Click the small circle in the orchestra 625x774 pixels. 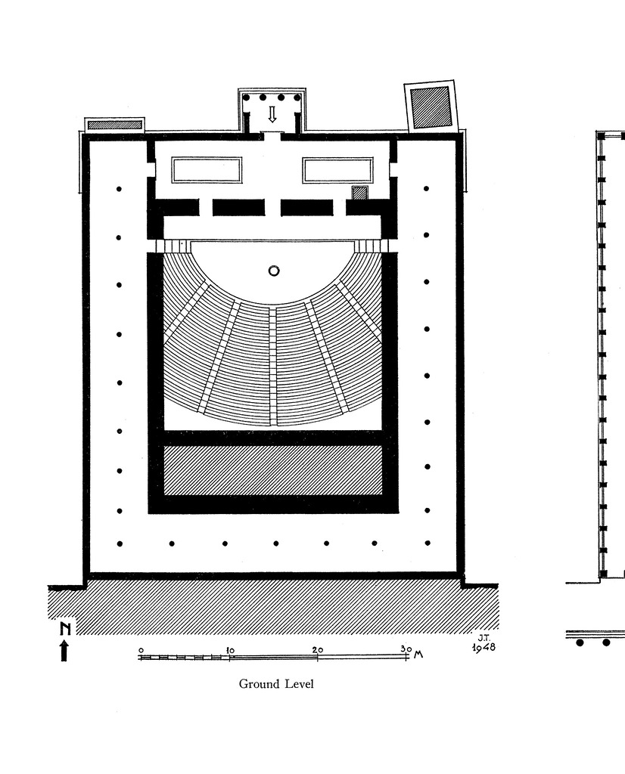tap(273, 271)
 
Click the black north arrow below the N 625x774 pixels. tap(64, 650)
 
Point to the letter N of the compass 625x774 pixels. tap(64, 628)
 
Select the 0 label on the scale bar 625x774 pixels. tap(141, 649)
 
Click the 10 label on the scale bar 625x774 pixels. tap(229, 649)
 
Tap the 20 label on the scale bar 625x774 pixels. tap(317, 649)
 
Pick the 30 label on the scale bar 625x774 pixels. tap(406, 649)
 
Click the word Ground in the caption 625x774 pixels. tap(259, 684)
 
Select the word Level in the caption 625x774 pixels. tap(298, 684)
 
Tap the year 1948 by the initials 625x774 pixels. tap(484, 648)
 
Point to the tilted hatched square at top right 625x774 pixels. tap(431, 107)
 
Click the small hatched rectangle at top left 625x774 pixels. tap(114, 125)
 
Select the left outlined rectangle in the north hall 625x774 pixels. tap(207, 170)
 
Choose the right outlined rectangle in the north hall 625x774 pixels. tap(337, 170)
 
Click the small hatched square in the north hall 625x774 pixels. tap(360, 193)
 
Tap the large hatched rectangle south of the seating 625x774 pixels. tap(272, 470)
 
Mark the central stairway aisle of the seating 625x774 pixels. tap(273, 363)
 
